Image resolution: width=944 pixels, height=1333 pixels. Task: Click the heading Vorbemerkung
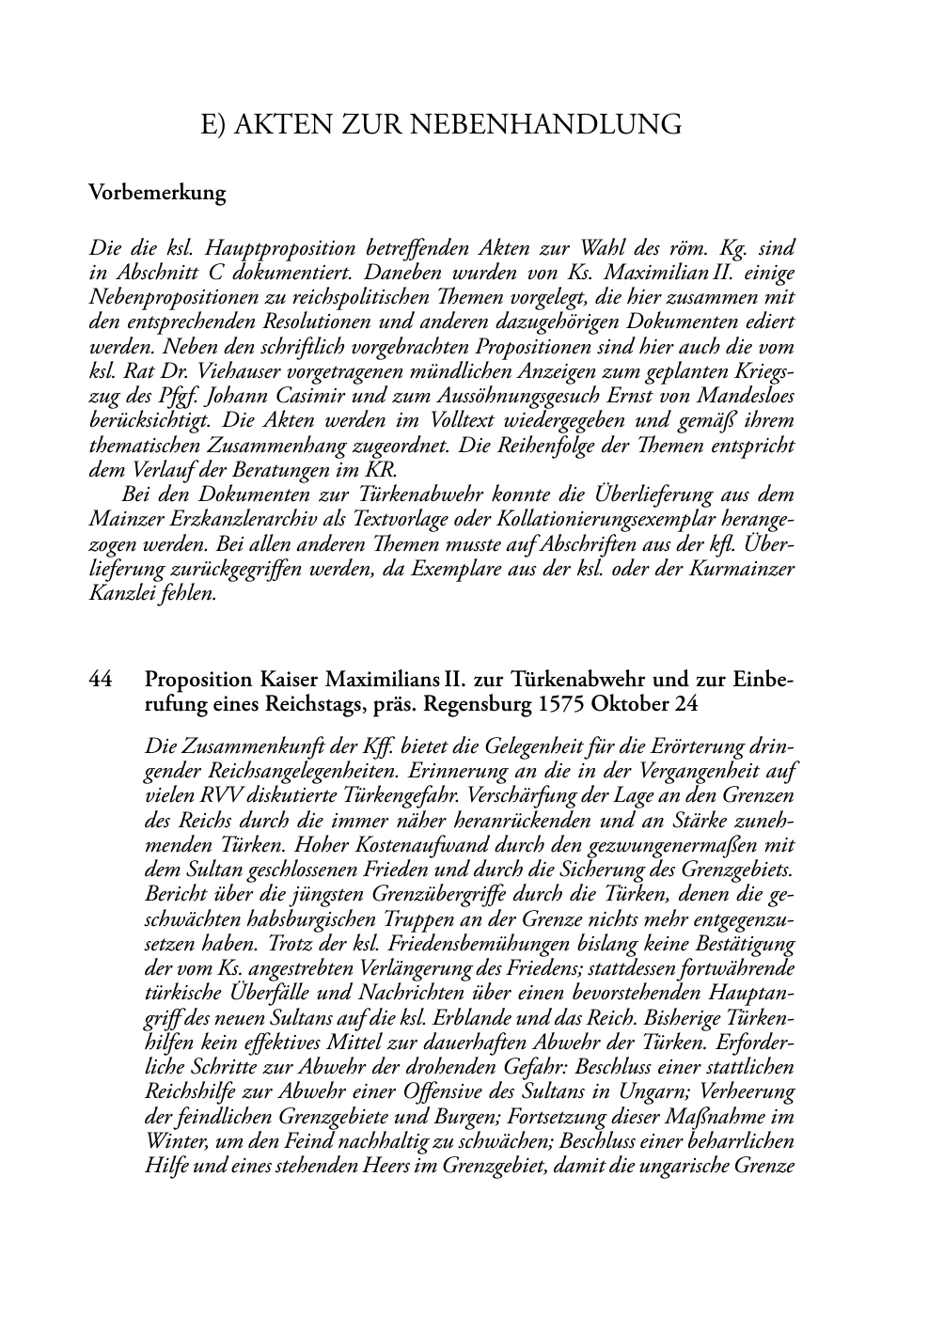point(157,194)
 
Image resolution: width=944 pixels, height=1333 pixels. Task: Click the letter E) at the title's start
point(213,124)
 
